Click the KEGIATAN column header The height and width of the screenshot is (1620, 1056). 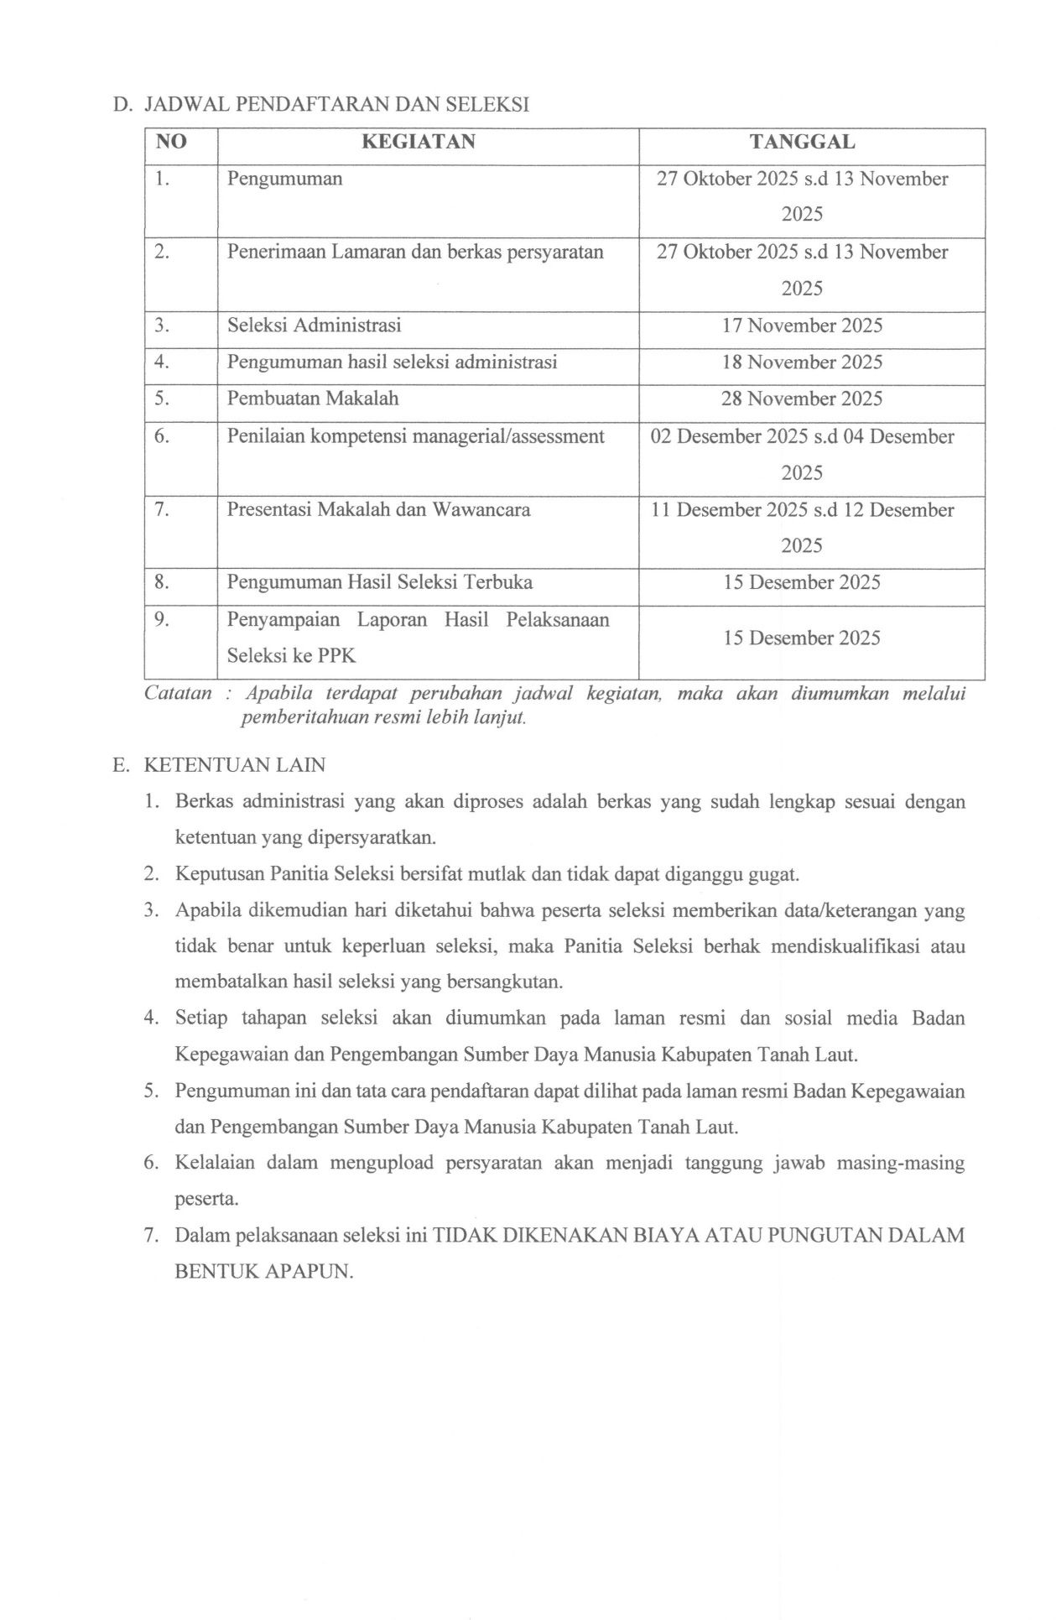(418, 142)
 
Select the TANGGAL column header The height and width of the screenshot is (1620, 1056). (802, 142)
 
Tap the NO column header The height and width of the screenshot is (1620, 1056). (171, 142)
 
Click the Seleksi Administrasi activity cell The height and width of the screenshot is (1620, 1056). (314, 325)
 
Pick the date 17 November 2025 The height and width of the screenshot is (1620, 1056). (802, 326)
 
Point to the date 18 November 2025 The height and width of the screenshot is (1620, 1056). (802, 362)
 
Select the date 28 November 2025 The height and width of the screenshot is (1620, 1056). (802, 398)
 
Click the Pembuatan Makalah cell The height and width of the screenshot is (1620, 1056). (313, 398)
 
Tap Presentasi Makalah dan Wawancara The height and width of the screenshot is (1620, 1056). (378, 509)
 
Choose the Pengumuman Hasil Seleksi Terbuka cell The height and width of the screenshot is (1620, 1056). (379, 582)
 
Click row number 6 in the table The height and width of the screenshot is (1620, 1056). (163, 436)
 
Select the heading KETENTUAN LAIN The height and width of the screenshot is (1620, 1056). (235, 765)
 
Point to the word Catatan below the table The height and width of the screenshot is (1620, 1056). (178, 694)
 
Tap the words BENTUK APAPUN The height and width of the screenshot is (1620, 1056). (264, 1271)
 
